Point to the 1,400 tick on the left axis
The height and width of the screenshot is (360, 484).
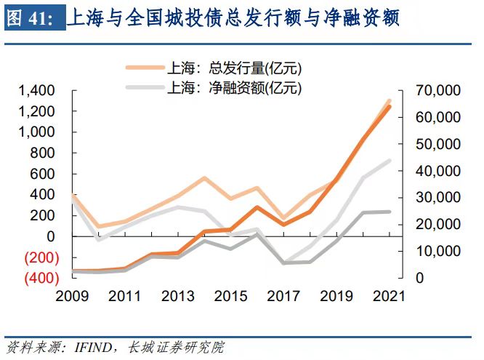click(x=36, y=91)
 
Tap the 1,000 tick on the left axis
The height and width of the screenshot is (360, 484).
click(x=36, y=132)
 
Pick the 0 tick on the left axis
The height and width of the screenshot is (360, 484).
click(x=50, y=236)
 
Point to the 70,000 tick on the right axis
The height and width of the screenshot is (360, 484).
click(x=437, y=91)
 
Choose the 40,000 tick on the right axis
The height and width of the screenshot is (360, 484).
click(x=437, y=171)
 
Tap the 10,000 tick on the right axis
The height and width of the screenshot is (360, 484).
click(x=437, y=251)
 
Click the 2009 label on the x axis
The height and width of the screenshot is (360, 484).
click(x=72, y=296)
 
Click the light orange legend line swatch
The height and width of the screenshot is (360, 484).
click(x=144, y=69)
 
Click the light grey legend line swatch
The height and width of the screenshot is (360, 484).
click(x=144, y=89)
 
